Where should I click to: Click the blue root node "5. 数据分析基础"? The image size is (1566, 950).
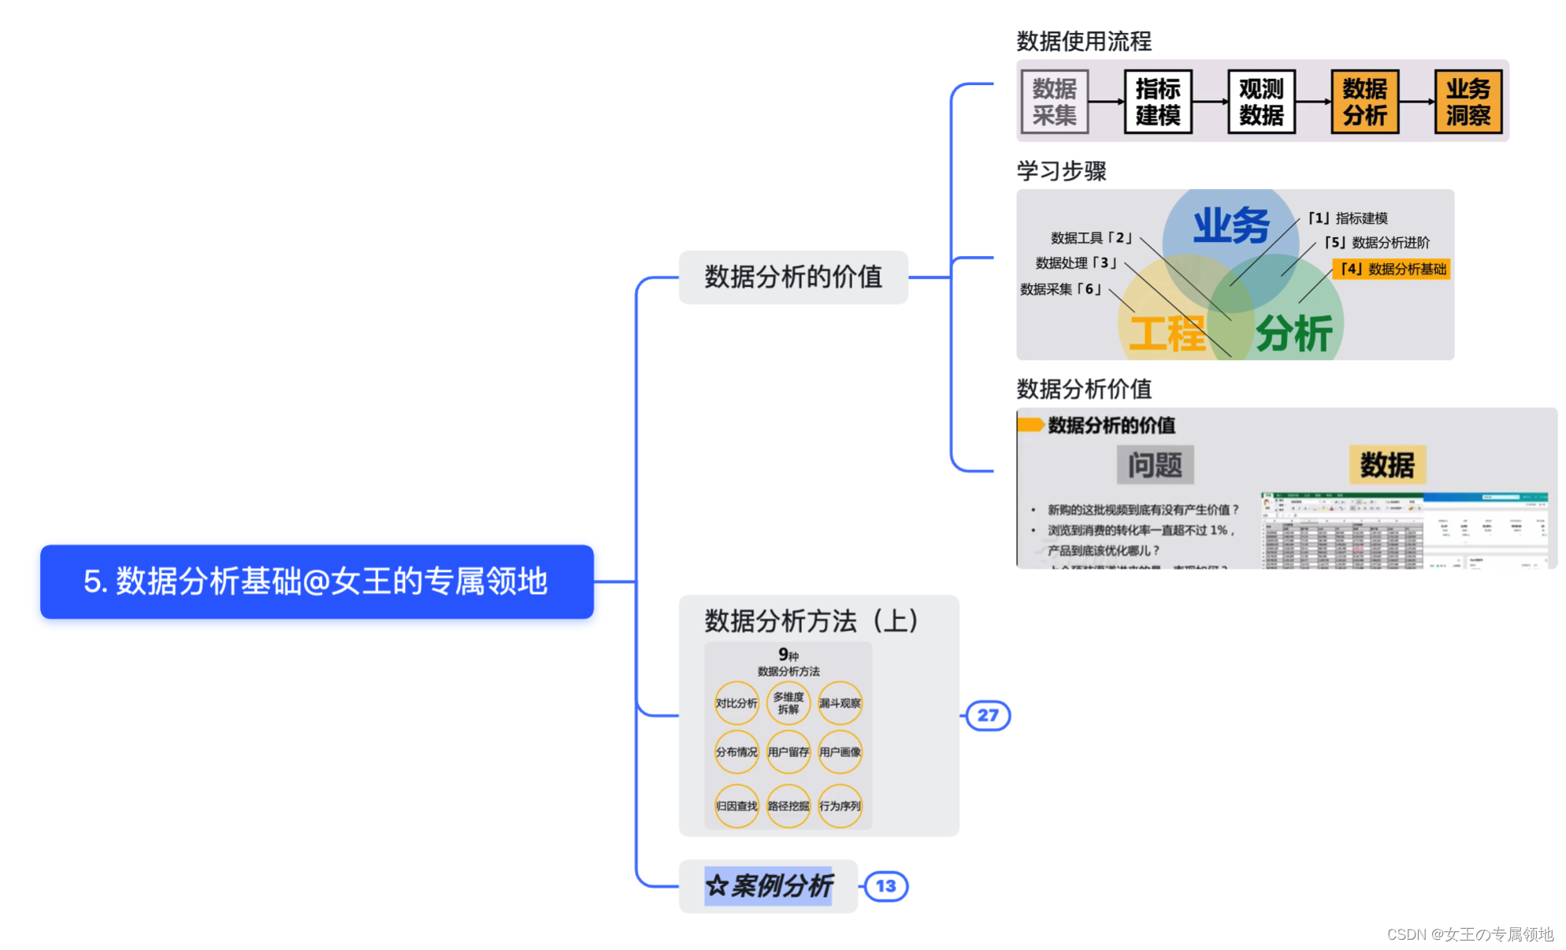317,581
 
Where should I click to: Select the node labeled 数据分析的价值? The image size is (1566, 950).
792,277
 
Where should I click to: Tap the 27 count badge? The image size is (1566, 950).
988,715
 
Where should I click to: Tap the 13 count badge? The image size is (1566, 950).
885,886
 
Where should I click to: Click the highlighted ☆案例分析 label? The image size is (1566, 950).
768,886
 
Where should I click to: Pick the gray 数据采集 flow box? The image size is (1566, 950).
1054,102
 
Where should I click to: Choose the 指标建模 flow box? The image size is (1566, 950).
1157,102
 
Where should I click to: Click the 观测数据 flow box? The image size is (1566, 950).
1260,102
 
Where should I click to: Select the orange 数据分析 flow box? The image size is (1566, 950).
1364,102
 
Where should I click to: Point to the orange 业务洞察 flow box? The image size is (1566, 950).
1468,102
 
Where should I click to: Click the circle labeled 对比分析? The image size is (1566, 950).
737,703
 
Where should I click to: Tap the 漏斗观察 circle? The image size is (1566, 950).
840,703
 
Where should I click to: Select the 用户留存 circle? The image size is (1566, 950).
788,752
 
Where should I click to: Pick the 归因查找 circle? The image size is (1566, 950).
737,806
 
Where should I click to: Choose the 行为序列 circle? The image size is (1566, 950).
840,806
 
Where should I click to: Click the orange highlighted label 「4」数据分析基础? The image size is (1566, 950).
1392,269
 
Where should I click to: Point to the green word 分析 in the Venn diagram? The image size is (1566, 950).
1293,334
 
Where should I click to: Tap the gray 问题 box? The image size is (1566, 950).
1155,465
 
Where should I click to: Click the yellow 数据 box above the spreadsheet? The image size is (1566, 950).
1386,465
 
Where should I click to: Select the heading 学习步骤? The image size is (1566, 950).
1061,171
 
